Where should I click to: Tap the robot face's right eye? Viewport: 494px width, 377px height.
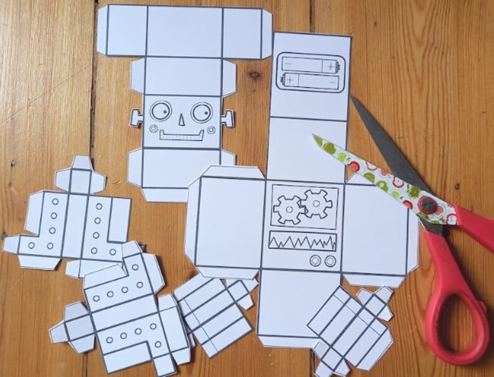tap(202, 113)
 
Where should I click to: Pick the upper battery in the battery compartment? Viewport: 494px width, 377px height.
tap(309, 64)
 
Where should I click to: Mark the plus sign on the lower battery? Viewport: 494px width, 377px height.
tap(291, 80)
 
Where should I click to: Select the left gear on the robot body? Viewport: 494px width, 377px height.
tap(289, 206)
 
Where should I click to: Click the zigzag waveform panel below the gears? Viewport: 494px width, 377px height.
tap(302, 241)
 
